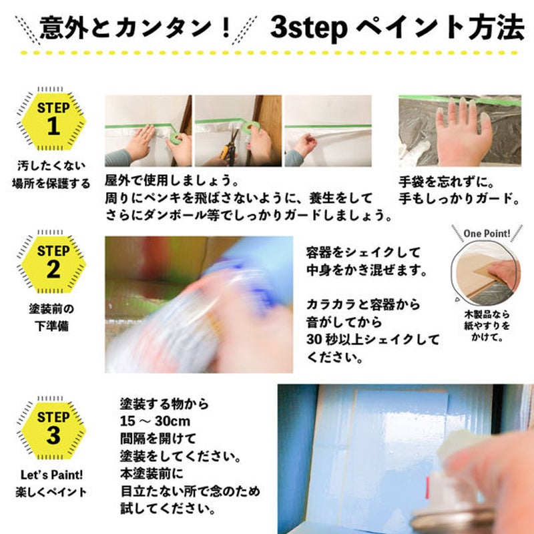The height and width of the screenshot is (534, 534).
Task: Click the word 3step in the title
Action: click(309, 28)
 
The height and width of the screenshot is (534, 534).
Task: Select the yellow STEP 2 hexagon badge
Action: click(53, 264)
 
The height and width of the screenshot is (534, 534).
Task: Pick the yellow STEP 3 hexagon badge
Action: click(53, 431)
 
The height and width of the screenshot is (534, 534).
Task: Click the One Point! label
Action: click(487, 234)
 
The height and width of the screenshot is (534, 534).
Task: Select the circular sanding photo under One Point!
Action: click(486, 272)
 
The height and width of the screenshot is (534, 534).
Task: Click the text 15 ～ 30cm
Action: click(155, 421)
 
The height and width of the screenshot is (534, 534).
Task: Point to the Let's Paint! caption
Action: click(52, 475)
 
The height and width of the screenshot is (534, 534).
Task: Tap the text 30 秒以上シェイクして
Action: click(372, 340)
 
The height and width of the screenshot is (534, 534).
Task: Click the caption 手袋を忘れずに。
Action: click(447, 182)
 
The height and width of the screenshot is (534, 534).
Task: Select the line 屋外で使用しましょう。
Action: click(172, 180)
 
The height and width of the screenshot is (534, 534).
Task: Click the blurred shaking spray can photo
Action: click(199, 304)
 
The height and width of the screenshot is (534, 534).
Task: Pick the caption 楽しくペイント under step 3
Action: click(51, 492)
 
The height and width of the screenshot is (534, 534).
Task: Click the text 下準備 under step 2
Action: click(52, 326)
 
